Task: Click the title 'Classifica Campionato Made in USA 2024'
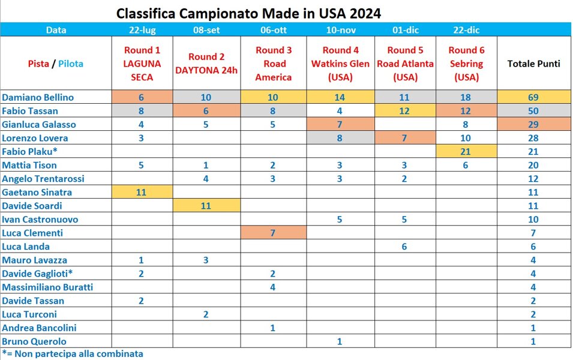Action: click(x=248, y=13)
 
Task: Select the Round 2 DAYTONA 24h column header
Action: click(x=206, y=64)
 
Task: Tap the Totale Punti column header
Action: click(x=533, y=64)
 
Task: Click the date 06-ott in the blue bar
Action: click(x=273, y=30)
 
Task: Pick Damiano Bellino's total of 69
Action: click(x=533, y=97)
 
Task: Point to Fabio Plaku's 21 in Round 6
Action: click(x=466, y=152)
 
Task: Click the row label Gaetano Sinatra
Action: click(x=37, y=193)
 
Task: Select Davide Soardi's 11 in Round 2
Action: click(x=206, y=206)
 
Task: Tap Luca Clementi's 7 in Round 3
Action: click(x=273, y=233)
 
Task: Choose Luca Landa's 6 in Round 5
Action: click(x=404, y=247)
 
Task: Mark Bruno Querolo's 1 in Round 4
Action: click(x=340, y=341)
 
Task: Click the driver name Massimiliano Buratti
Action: click(x=47, y=287)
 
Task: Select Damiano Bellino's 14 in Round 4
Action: click(x=340, y=97)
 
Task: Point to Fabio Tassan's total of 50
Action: click(x=533, y=111)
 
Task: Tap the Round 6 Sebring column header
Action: click(x=466, y=64)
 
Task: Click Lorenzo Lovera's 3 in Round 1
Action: click(x=141, y=138)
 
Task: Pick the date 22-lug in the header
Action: click(x=141, y=30)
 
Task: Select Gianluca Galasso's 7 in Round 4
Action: click(x=340, y=125)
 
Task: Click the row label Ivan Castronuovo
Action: click(x=40, y=220)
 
